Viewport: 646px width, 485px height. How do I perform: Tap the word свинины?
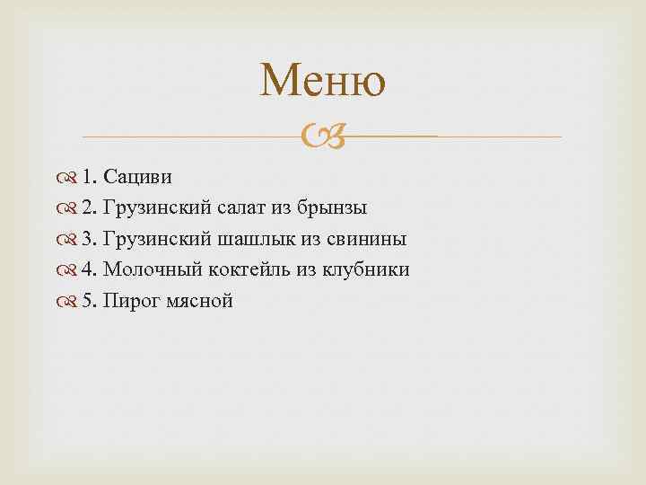click(364, 239)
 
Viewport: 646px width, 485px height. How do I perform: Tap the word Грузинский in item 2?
click(157, 208)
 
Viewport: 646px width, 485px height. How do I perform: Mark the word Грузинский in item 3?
click(157, 239)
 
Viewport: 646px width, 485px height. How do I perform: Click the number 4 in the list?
click(87, 269)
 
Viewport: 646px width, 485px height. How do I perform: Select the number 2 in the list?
click(87, 208)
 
